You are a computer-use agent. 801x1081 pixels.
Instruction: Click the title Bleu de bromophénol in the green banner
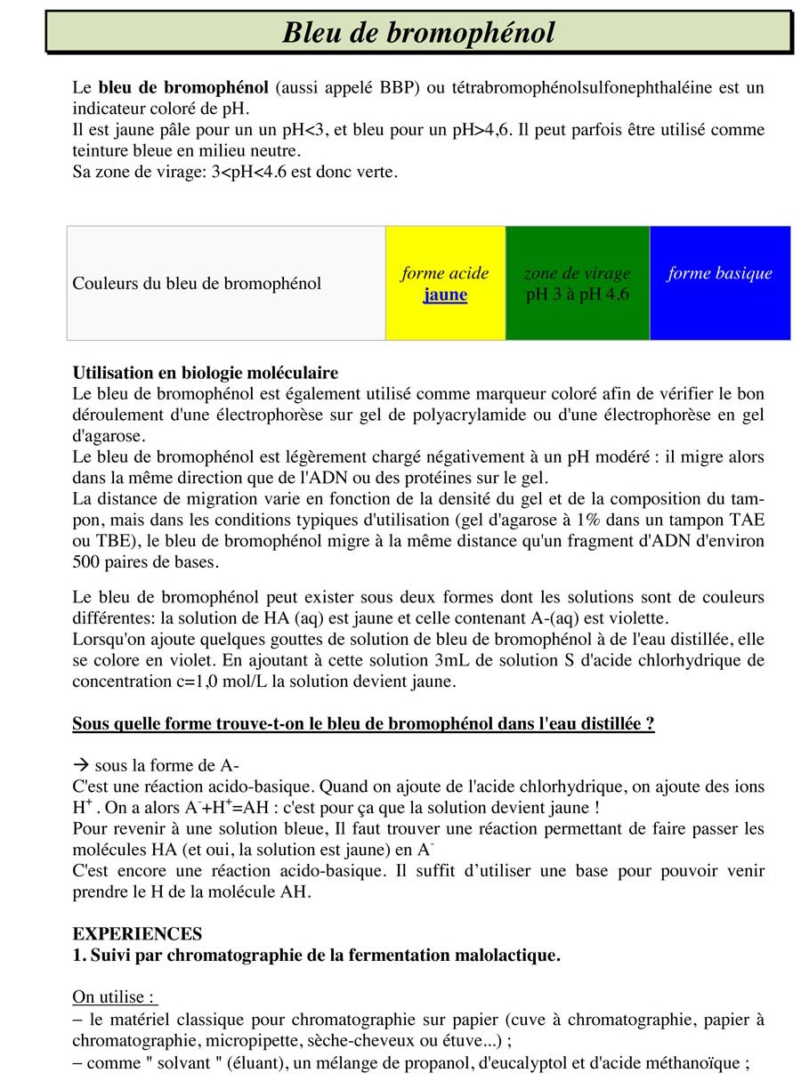coord(418,32)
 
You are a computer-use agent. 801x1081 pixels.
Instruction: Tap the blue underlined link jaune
coord(445,294)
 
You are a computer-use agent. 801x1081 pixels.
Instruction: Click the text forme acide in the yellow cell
coord(445,273)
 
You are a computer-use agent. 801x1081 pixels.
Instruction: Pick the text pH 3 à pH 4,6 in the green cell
coord(578,294)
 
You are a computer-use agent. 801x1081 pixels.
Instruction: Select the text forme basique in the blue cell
coord(720,273)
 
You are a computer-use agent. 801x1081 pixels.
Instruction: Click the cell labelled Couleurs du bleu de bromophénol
coord(197,284)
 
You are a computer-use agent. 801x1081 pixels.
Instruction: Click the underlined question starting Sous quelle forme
coord(363,723)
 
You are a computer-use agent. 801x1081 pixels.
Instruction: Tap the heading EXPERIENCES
coord(137,934)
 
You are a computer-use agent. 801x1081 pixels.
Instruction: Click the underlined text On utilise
coord(114,997)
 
